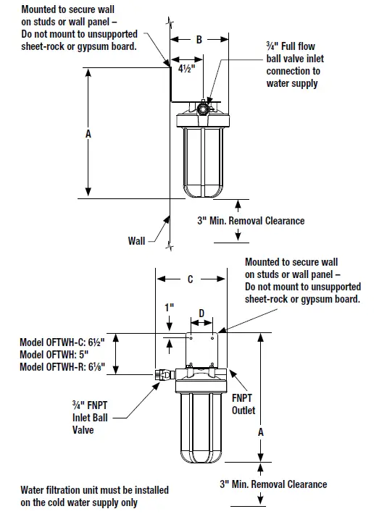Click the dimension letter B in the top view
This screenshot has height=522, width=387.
199,41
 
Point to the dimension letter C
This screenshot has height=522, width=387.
191,279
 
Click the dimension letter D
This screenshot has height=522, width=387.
202,313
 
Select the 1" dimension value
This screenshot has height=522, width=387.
169,307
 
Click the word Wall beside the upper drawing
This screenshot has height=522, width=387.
137,240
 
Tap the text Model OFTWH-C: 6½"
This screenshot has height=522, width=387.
63,341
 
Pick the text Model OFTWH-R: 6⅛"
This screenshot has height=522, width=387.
63,367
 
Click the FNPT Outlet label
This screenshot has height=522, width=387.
244,404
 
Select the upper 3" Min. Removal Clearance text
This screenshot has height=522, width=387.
251,220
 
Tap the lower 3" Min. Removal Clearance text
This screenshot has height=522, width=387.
272,484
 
